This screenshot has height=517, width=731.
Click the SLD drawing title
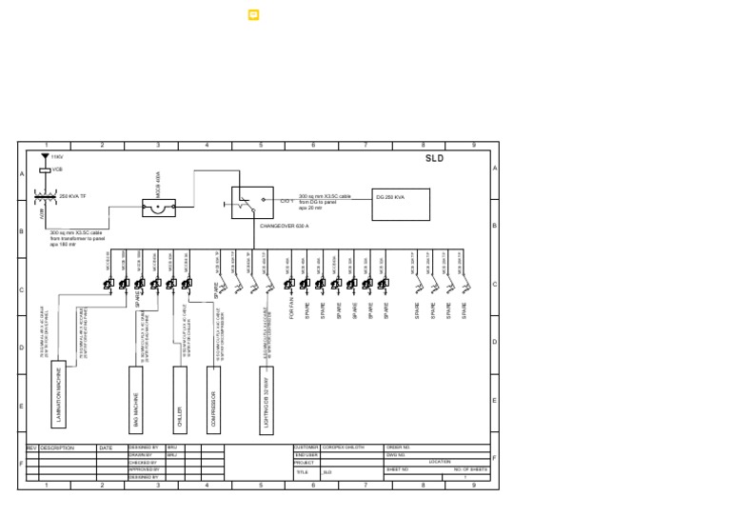click(x=434, y=158)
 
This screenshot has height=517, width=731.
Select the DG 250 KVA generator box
click(x=401, y=204)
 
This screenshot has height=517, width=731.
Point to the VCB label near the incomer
click(x=56, y=169)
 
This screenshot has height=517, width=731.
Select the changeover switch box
click(x=252, y=202)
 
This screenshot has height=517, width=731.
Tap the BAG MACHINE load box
click(x=135, y=399)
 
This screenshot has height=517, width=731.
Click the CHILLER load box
click(x=180, y=399)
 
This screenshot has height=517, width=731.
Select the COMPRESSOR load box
click(x=213, y=399)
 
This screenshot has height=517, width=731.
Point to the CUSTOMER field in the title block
click(x=306, y=447)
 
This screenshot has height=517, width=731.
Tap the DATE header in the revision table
click(x=106, y=447)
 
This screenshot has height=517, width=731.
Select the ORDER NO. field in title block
click(x=398, y=447)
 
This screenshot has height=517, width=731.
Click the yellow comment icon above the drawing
click(x=254, y=15)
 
